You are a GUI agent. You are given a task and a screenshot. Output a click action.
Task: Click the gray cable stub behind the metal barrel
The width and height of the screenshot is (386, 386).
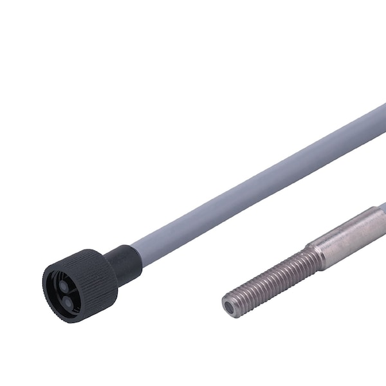(x=381, y=210)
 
